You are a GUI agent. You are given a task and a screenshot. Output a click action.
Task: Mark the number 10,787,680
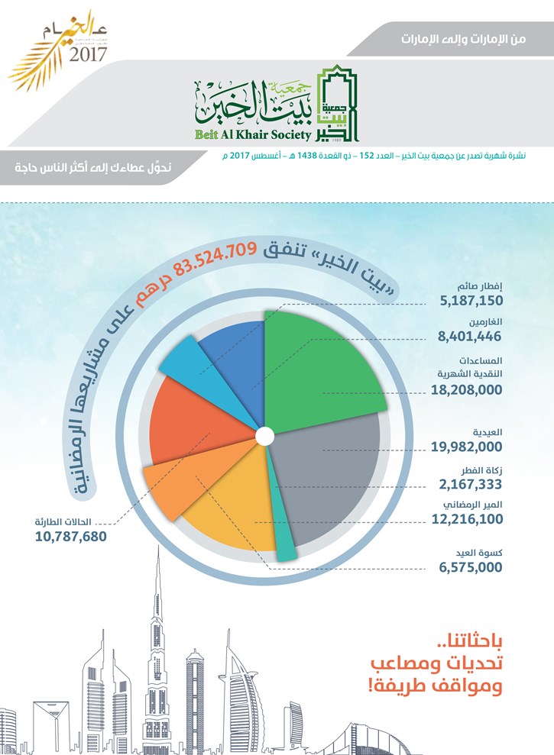tap(70, 536)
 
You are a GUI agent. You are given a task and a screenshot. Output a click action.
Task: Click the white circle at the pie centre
tap(264, 437)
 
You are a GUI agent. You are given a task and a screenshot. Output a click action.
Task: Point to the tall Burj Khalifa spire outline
tap(145, 649)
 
